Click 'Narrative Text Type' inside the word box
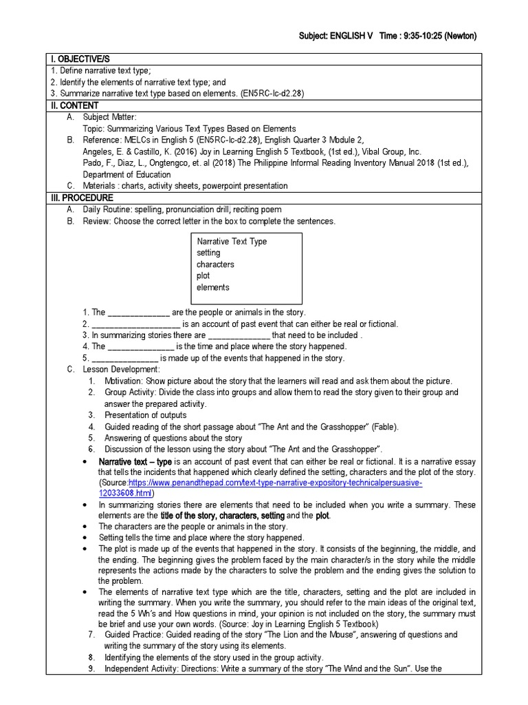(232, 242)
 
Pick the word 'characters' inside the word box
(215, 264)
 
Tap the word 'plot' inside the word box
(203, 276)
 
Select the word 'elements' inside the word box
(213, 288)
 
